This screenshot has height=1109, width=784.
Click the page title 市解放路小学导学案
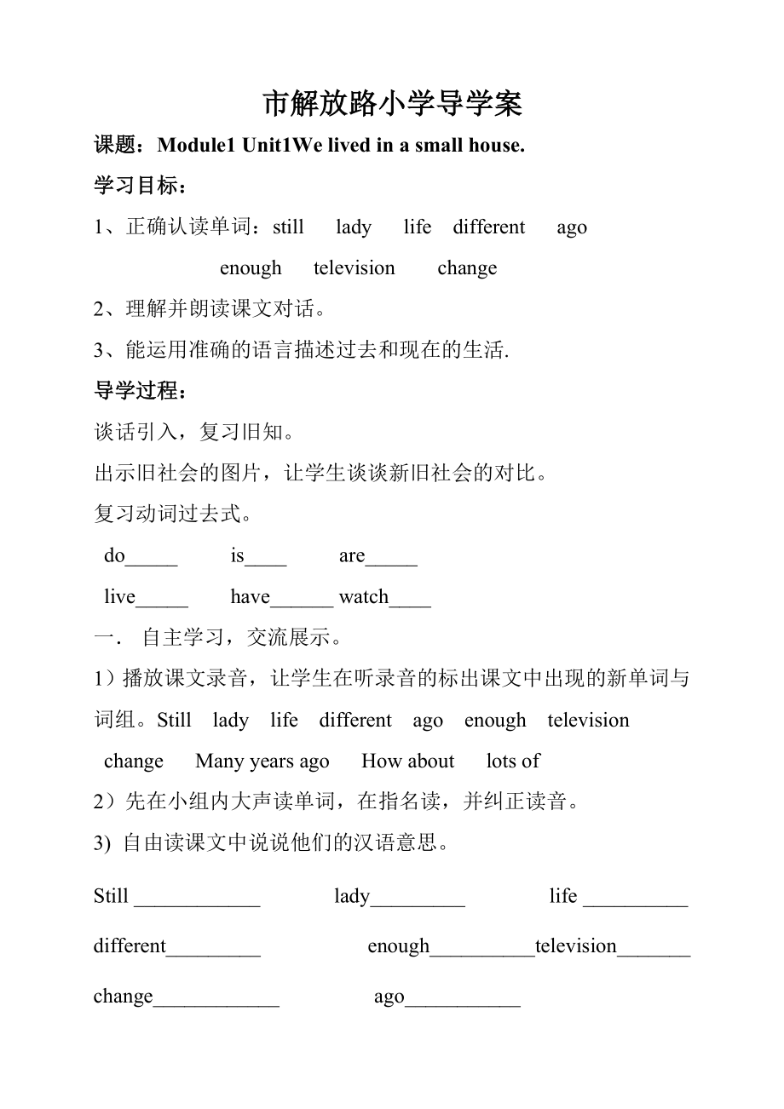click(392, 104)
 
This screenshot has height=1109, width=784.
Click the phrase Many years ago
click(262, 761)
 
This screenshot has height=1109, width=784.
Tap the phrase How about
click(408, 761)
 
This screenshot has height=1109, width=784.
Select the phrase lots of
click(513, 761)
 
